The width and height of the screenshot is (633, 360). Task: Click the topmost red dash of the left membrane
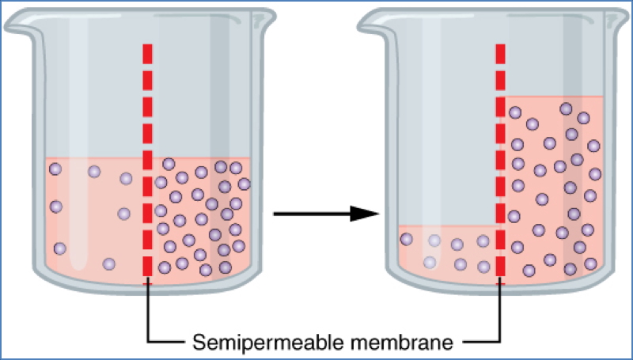147,54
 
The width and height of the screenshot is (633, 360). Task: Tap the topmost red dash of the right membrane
500,53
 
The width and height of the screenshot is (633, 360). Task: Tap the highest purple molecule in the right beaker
566,108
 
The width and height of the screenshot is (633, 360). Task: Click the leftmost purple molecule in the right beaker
407,239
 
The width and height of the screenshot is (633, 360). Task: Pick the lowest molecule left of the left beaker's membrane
109,263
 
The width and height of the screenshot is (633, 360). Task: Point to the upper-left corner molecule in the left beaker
55,169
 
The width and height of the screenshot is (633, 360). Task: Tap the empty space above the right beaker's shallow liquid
447,158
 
